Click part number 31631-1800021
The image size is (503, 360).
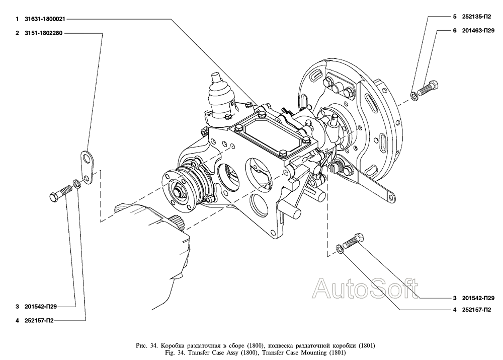pyautogui.click(x=45, y=19)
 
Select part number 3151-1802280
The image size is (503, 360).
pyautogui.click(x=43, y=33)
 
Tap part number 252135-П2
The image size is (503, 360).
pyautogui.click(x=476, y=17)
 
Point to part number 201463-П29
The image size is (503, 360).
pyautogui.click(x=478, y=31)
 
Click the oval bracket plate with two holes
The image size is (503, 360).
pyautogui.click(x=87, y=167)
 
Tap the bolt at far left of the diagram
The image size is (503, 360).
pyautogui.click(x=61, y=193)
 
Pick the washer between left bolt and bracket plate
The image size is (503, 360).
pyautogui.click(x=76, y=183)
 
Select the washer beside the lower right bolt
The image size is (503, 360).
pyautogui.click(x=340, y=249)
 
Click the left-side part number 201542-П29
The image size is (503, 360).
pyautogui.click(x=41, y=306)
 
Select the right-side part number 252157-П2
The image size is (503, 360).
pyautogui.click(x=476, y=310)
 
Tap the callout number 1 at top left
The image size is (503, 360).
pyautogui.click(x=17, y=19)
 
